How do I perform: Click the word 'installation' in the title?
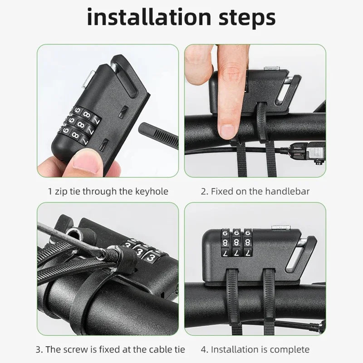tap(149, 17)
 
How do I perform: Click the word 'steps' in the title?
tap(247, 19)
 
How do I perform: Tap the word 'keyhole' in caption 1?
tap(152, 191)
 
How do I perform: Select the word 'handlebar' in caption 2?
tap(287, 191)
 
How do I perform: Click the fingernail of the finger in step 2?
tap(227, 132)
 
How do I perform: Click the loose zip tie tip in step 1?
tap(159, 134)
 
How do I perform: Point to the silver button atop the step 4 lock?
tap(280, 227)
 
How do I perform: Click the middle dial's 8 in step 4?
tap(236, 243)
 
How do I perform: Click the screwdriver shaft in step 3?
tap(69, 239)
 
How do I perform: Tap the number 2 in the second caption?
tap(204, 191)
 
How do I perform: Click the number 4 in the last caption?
tap(204, 350)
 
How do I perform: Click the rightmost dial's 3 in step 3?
tap(151, 256)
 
